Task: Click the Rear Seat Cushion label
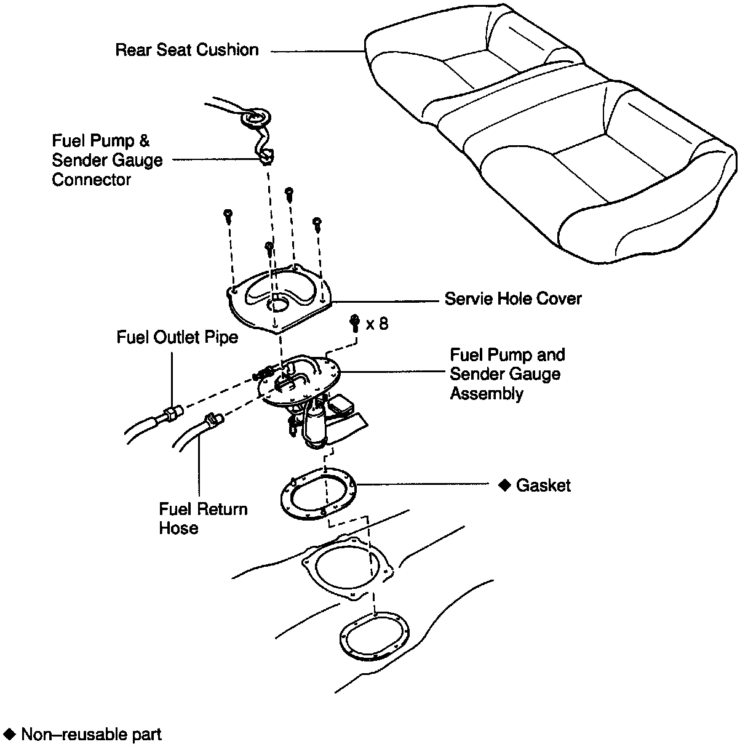tap(187, 50)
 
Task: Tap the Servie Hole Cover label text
tap(513, 299)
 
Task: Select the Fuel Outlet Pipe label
tap(177, 337)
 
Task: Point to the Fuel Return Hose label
tap(203, 518)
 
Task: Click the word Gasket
tap(543, 485)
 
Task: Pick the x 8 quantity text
tap(377, 324)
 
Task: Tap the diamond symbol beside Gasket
tap(504, 485)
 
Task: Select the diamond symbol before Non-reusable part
tap(9, 733)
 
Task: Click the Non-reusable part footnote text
tap(91, 734)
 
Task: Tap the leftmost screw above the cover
tap(228, 215)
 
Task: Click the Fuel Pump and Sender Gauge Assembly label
tap(507, 373)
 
